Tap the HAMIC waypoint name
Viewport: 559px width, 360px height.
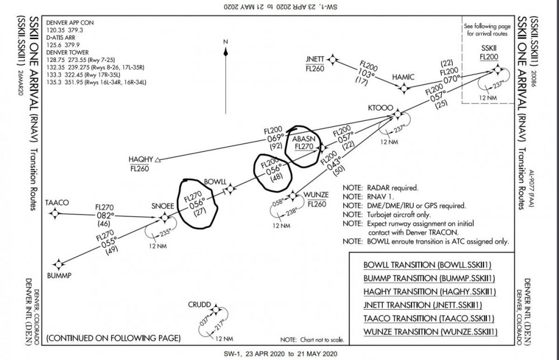click(404, 77)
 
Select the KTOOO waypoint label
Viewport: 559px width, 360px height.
click(380, 106)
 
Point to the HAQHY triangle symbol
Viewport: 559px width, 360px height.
click(158, 160)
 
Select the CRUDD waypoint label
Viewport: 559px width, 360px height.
click(200, 305)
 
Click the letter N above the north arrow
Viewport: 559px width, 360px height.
click(225, 41)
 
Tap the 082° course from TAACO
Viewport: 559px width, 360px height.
click(105, 215)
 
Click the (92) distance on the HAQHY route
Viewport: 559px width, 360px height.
click(274, 146)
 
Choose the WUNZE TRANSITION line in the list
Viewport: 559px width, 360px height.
click(430, 332)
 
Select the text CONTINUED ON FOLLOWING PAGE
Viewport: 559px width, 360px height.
click(113, 338)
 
